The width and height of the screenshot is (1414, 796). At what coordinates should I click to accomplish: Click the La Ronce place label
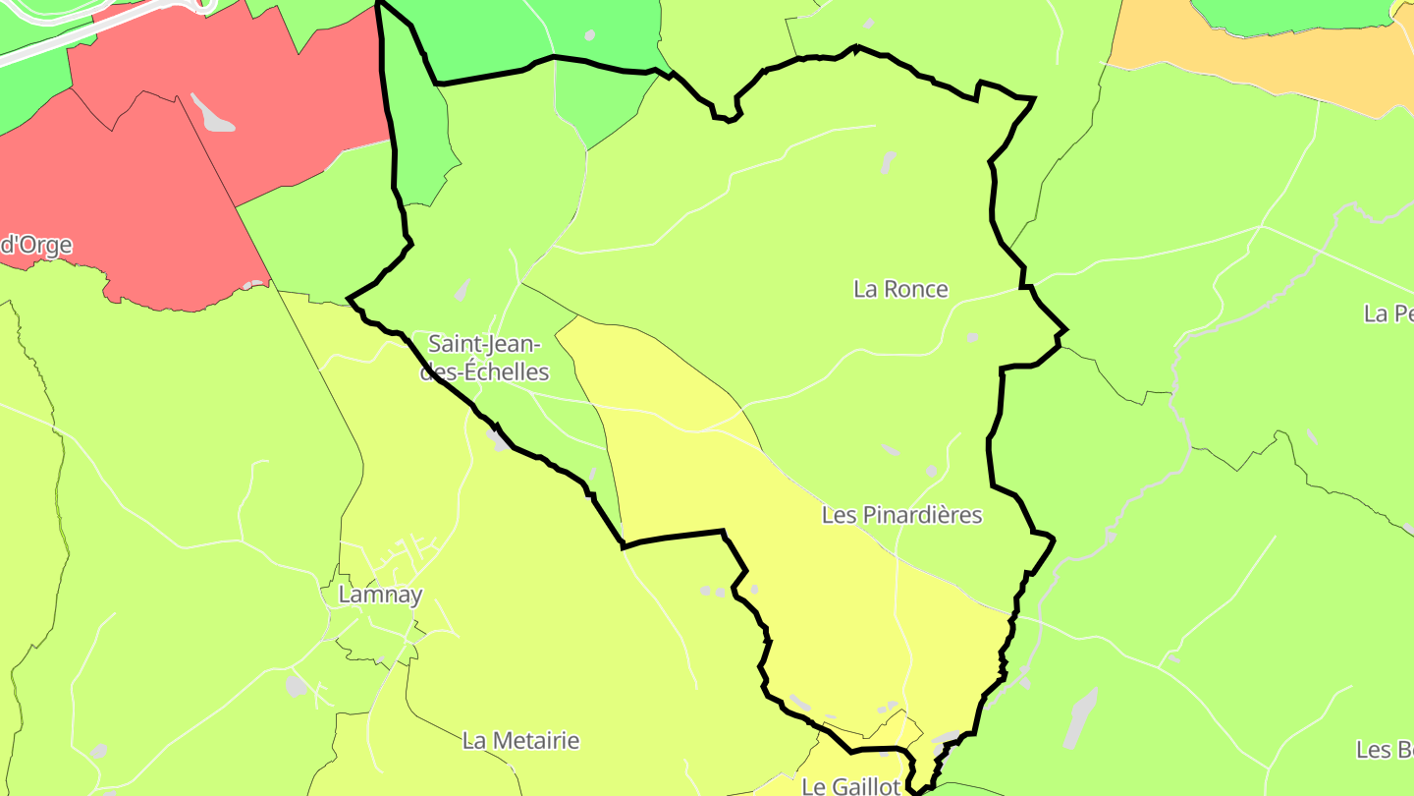(x=900, y=289)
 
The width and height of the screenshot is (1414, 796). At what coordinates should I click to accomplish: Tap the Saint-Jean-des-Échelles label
(x=485, y=358)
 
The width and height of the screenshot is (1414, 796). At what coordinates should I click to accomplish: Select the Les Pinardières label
(x=901, y=515)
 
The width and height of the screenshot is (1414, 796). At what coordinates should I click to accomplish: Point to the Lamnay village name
(x=380, y=595)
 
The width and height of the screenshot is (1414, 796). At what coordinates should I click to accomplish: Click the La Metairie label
(x=520, y=740)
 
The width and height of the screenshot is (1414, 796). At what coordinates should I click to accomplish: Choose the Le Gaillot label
(x=850, y=786)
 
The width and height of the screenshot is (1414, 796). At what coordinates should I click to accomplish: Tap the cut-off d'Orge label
(x=36, y=245)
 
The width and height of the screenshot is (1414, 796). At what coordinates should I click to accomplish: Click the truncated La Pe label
(x=1388, y=313)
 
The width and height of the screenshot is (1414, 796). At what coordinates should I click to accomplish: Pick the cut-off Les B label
(x=1385, y=749)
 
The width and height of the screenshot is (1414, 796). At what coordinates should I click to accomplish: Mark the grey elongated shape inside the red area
(x=212, y=112)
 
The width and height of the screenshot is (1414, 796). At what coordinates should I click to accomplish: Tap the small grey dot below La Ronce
(x=972, y=337)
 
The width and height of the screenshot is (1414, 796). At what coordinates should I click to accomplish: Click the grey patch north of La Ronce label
(x=888, y=162)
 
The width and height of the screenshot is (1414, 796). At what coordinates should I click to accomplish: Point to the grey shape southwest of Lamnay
(x=296, y=685)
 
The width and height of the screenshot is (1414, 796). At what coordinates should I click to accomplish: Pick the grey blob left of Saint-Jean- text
(x=462, y=290)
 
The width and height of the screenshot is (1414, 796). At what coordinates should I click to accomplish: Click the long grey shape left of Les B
(x=1080, y=717)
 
